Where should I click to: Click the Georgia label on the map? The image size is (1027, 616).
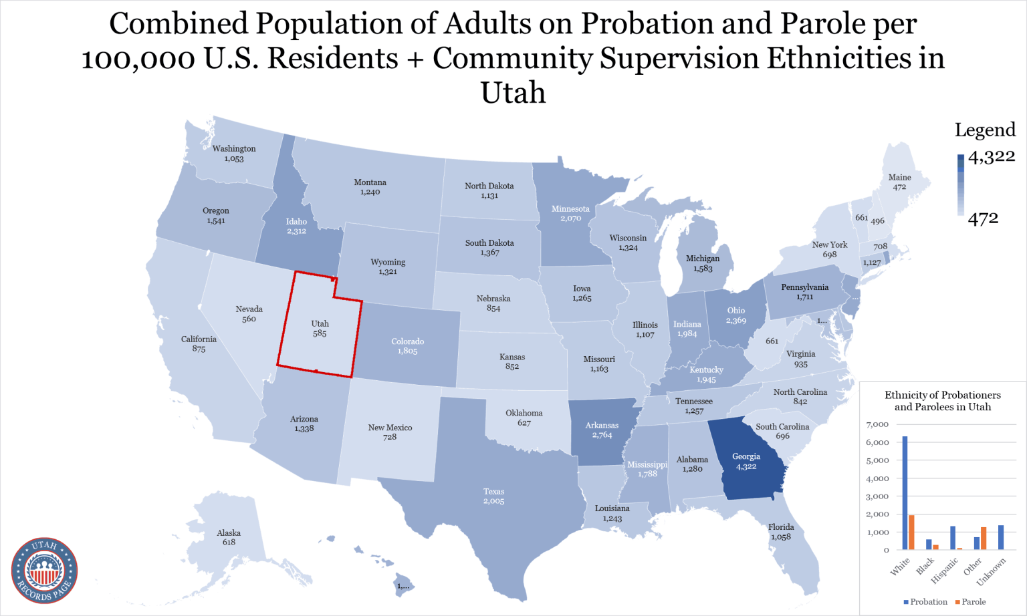click(746, 457)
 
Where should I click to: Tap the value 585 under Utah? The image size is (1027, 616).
click(320, 333)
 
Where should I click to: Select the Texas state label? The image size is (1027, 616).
click(493, 492)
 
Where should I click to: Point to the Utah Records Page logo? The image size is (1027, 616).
click(44, 571)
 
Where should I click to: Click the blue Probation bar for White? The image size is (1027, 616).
click(905, 493)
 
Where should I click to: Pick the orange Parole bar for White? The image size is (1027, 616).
click(911, 532)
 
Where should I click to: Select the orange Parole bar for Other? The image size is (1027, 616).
click(984, 538)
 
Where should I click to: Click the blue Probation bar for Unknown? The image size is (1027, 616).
click(1001, 537)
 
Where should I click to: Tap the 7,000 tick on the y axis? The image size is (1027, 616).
click(877, 425)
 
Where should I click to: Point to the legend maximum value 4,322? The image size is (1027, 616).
click(991, 157)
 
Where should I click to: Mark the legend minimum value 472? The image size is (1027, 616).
click(983, 218)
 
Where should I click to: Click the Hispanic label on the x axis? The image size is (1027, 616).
click(945, 569)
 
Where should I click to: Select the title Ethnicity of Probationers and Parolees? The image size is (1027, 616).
click(942, 401)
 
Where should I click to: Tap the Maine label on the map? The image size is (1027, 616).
click(899, 178)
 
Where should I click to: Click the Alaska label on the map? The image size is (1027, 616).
click(229, 533)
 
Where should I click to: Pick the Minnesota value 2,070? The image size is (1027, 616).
click(570, 218)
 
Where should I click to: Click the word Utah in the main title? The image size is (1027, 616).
click(513, 93)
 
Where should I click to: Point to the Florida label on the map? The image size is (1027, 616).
click(780, 527)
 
